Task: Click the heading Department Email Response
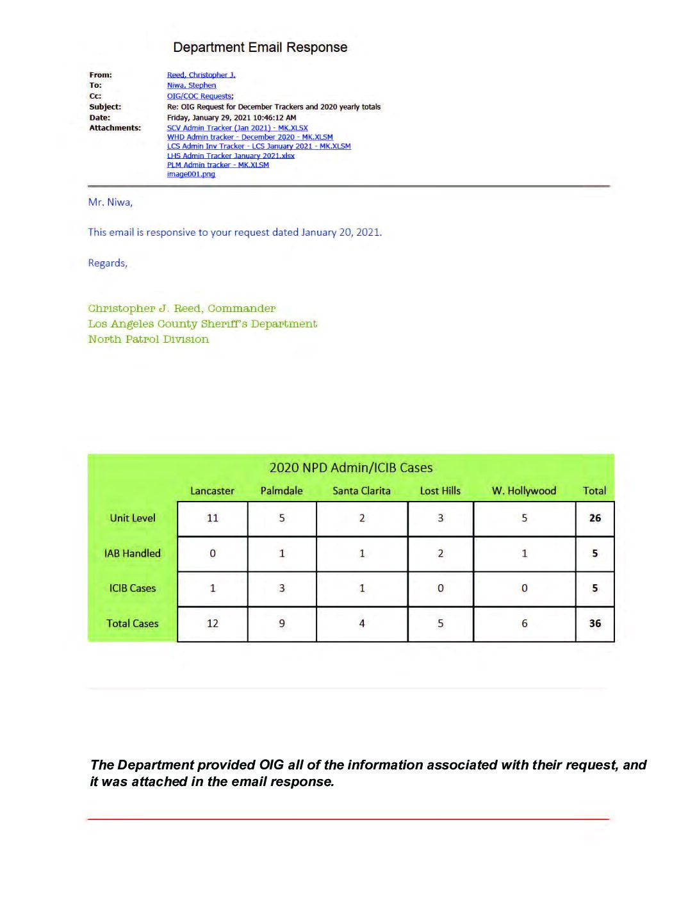click(260, 47)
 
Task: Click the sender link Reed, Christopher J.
click(201, 75)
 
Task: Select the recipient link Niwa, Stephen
click(192, 85)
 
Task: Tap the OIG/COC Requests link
click(199, 96)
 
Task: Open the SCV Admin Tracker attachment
click(237, 128)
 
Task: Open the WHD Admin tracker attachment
click(250, 137)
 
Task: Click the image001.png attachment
click(191, 174)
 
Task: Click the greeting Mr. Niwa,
click(110, 202)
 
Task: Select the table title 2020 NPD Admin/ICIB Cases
click(351, 468)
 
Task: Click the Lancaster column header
click(212, 491)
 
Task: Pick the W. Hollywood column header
click(524, 491)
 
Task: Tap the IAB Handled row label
click(133, 553)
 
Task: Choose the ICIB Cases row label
click(133, 588)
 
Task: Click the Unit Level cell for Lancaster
click(213, 518)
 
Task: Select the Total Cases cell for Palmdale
click(282, 623)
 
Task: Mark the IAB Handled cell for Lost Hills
click(440, 553)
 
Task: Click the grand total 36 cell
click(594, 623)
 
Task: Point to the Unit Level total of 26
click(594, 518)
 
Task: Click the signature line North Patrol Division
click(149, 340)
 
